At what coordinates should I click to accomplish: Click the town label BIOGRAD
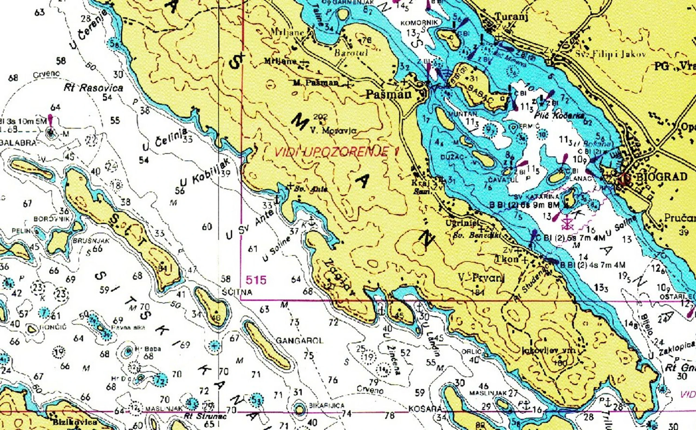click(x=661, y=177)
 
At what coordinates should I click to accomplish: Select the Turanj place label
click(x=511, y=17)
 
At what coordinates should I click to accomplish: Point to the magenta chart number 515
click(x=256, y=280)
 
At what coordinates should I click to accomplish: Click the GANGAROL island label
click(x=300, y=341)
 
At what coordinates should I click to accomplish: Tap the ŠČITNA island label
click(x=237, y=292)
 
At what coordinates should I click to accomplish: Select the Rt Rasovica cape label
click(x=94, y=88)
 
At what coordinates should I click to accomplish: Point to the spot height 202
click(x=321, y=117)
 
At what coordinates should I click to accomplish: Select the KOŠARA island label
click(x=425, y=409)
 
